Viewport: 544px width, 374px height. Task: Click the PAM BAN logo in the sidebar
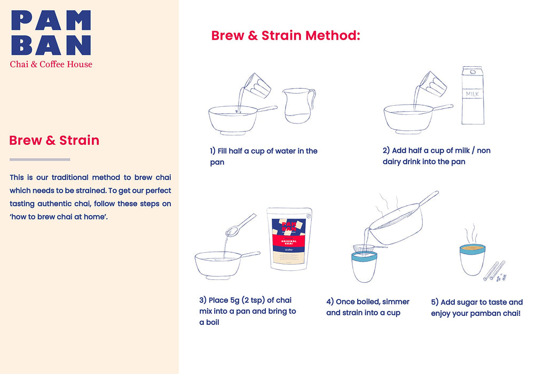point(51,33)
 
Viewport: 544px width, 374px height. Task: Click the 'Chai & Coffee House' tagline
point(51,64)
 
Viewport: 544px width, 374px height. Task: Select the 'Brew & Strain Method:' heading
point(286,36)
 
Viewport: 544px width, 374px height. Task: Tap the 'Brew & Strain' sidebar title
point(54,141)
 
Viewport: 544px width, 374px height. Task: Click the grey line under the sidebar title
point(40,159)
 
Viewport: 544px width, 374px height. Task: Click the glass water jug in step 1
point(298,105)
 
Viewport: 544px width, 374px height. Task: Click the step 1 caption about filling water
point(264,157)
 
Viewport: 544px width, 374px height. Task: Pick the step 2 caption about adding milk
point(436,156)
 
